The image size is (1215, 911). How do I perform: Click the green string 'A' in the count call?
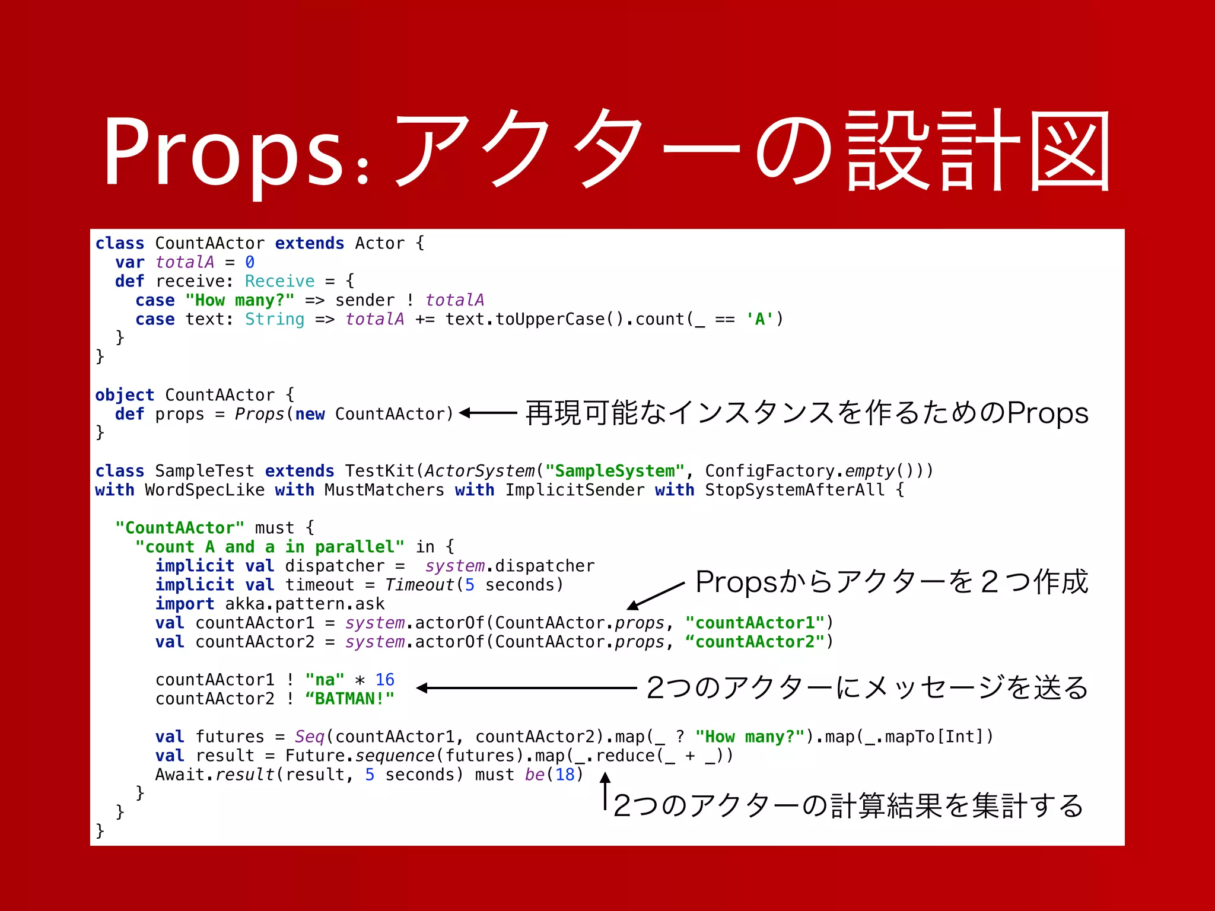point(760,319)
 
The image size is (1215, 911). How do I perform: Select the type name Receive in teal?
point(279,281)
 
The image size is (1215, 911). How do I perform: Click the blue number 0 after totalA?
point(250,262)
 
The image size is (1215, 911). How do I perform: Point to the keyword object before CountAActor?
point(125,395)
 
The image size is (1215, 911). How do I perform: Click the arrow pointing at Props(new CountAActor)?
point(488,413)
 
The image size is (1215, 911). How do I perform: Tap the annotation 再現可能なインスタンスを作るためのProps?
point(806,413)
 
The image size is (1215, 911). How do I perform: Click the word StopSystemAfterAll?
point(794,490)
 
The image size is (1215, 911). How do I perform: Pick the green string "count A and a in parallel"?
point(270,547)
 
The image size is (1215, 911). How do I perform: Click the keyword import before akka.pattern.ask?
point(185,604)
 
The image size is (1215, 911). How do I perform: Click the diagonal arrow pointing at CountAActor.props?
point(656,595)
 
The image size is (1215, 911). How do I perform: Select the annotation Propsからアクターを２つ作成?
point(891,581)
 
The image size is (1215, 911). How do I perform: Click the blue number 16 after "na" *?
point(384,680)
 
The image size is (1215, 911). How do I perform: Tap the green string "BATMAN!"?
point(349,699)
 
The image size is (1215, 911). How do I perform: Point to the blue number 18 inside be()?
point(565,775)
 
